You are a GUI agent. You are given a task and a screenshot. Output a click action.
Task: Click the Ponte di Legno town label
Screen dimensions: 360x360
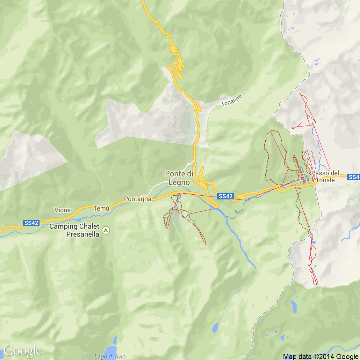click(x=179, y=178)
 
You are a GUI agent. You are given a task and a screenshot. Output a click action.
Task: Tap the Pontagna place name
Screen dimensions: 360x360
click(x=138, y=199)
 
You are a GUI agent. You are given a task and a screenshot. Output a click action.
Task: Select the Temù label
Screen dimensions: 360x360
click(x=101, y=209)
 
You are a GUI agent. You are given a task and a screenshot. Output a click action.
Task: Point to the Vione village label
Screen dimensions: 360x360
click(x=62, y=210)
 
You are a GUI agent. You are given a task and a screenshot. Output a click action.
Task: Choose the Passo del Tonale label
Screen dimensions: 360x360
click(x=325, y=176)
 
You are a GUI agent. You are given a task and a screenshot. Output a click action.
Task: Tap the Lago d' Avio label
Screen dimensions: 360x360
click(x=110, y=356)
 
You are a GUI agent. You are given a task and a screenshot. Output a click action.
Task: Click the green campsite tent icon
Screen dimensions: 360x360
click(x=106, y=230)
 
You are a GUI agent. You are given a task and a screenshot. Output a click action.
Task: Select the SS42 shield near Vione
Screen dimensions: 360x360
click(x=31, y=223)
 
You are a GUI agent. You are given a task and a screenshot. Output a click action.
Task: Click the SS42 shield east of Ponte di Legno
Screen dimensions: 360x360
click(x=226, y=196)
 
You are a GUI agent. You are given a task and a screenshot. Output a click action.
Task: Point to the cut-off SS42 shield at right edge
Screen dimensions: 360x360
click(x=354, y=177)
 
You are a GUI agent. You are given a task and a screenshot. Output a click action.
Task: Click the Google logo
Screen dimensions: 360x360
click(x=22, y=351)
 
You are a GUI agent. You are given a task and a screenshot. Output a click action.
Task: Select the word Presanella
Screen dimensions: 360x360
click(x=83, y=234)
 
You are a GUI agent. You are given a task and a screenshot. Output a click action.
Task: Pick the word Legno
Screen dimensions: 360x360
click(x=179, y=183)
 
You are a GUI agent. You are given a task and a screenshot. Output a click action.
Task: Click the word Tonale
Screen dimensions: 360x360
click(x=325, y=180)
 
